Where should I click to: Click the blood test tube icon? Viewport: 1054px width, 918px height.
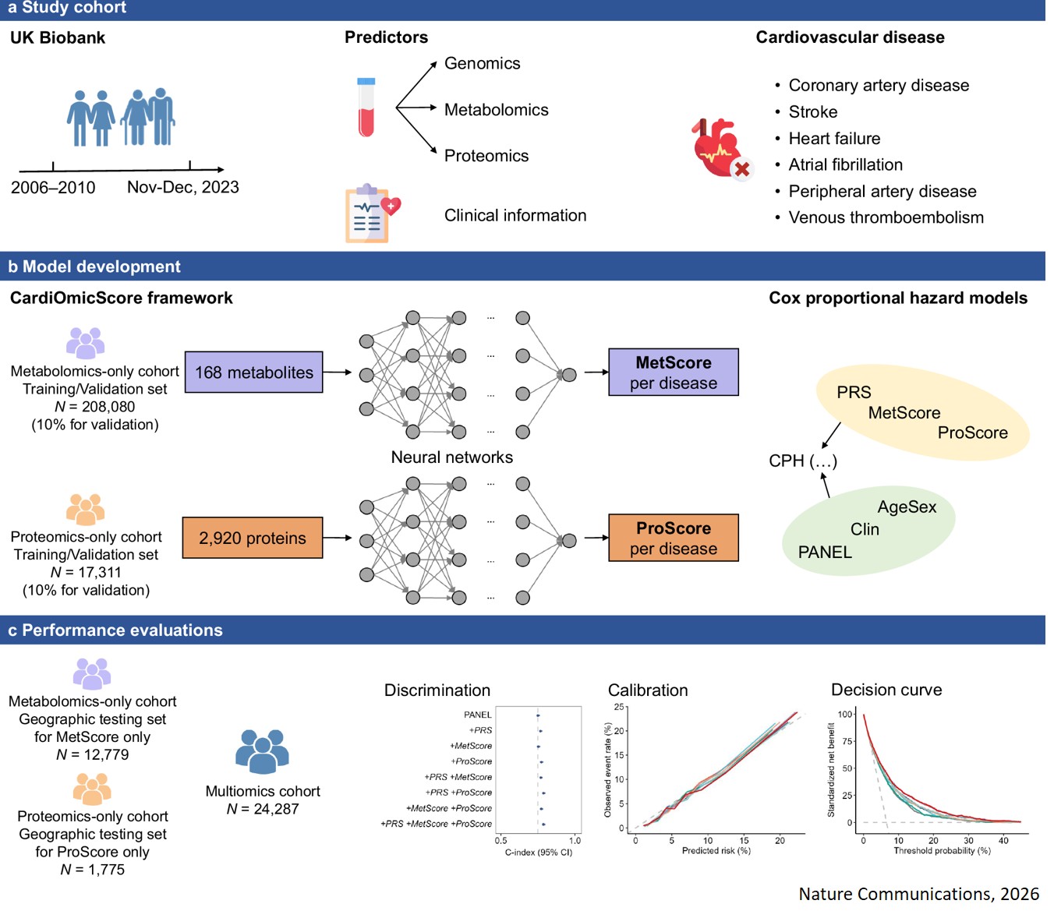tap(366, 108)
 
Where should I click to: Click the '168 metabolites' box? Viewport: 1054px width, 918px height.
tap(253, 372)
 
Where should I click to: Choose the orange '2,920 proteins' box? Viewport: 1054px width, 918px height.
tap(252, 538)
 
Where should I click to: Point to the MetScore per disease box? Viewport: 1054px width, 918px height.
tap(673, 372)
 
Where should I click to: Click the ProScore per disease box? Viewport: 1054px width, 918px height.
tap(673, 538)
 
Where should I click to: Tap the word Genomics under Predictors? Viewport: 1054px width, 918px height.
tap(482, 64)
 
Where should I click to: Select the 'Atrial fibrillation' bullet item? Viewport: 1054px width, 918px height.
tap(845, 165)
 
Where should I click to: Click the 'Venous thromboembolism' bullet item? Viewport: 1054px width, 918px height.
tap(886, 218)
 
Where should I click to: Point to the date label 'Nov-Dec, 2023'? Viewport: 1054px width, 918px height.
tap(182, 188)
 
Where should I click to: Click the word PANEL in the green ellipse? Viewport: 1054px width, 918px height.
tap(825, 553)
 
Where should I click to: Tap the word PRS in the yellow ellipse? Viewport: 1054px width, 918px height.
tap(854, 393)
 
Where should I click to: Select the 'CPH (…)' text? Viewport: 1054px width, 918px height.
tap(802, 461)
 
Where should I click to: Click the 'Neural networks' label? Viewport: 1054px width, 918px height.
tap(451, 457)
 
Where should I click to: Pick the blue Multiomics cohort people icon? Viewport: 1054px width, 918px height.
tap(262, 751)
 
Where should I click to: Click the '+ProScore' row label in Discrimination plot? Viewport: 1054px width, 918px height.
tap(472, 761)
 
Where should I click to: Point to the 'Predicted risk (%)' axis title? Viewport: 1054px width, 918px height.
tap(716, 851)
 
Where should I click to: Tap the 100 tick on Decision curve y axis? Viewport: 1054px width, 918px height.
tap(845, 714)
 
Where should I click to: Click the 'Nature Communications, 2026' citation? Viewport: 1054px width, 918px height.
tap(918, 894)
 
